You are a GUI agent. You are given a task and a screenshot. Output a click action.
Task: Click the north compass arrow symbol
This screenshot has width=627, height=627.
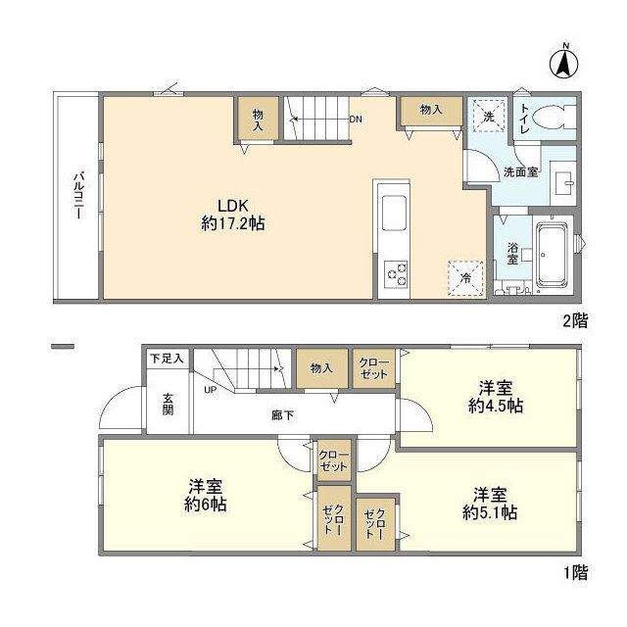point(563,63)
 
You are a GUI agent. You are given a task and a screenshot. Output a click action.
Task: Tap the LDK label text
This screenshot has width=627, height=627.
point(233,206)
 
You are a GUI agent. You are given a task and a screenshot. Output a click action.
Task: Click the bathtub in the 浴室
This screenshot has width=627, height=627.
point(552,255)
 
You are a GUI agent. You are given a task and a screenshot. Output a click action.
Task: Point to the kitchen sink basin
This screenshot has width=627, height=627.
point(394,213)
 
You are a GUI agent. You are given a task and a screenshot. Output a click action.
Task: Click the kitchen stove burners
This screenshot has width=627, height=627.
point(396,274)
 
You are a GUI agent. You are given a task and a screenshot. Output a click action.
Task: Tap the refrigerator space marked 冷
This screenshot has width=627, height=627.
point(465,278)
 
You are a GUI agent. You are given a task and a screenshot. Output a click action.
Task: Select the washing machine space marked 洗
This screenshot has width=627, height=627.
point(489,116)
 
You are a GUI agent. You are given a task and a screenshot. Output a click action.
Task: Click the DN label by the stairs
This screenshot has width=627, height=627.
point(356,120)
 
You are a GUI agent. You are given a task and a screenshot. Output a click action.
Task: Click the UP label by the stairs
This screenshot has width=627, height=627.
point(210,390)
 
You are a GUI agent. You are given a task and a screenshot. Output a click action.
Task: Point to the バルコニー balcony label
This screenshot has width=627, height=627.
point(78,196)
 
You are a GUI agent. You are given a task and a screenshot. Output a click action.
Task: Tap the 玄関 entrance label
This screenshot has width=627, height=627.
point(168,405)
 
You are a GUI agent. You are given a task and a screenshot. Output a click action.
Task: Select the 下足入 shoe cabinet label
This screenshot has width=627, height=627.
point(167,359)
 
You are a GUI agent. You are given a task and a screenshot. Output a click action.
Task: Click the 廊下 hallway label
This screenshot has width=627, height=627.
point(283,415)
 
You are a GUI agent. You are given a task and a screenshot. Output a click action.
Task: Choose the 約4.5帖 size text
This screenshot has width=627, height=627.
point(496,407)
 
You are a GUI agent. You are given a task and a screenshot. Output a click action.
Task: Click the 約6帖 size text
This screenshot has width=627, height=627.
point(206,505)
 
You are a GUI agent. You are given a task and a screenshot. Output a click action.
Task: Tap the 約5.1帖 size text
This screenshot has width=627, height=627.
point(490,512)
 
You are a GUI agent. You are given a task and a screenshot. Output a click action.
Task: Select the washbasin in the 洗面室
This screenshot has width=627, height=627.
point(563,183)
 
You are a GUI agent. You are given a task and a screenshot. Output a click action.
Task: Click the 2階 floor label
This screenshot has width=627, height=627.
point(575,320)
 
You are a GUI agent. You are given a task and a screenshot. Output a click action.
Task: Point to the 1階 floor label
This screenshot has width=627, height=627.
point(576,573)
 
